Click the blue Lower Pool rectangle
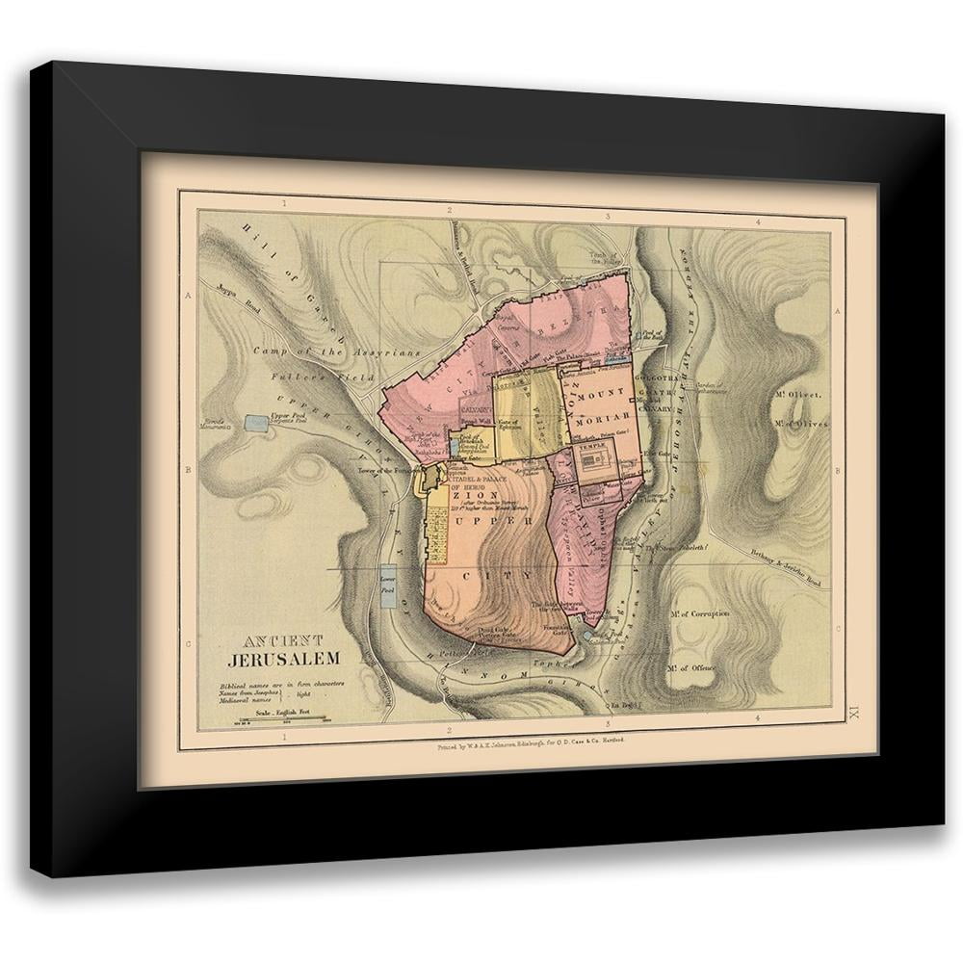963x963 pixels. coord(388,586)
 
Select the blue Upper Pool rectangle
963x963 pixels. coord(257,422)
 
